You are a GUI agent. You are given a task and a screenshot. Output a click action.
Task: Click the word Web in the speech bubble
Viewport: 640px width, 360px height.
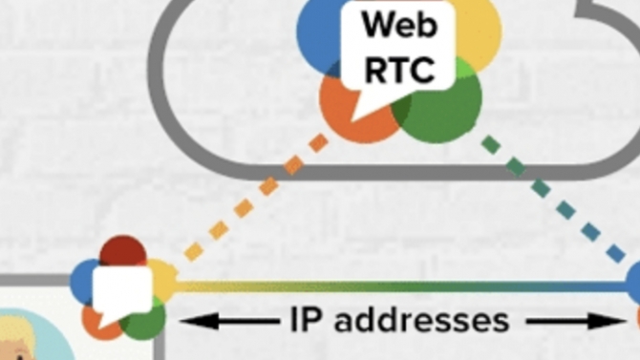click(x=400, y=25)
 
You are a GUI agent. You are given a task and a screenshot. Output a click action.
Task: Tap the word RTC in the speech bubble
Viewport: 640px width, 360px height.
click(x=400, y=70)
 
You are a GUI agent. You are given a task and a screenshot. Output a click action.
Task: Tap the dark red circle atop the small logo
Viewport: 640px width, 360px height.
click(x=123, y=250)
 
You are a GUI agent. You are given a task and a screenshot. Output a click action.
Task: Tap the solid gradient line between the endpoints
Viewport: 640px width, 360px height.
click(x=400, y=286)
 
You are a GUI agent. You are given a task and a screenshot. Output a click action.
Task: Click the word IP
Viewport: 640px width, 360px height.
click(x=306, y=320)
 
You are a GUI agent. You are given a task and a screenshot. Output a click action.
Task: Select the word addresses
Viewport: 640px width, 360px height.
click(x=421, y=320)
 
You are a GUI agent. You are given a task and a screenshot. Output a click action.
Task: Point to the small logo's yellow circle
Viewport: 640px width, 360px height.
click(x=163, y=278)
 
